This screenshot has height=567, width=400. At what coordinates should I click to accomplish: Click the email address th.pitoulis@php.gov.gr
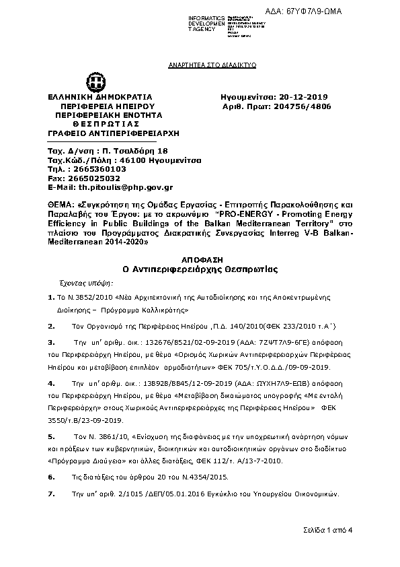pos(126,187)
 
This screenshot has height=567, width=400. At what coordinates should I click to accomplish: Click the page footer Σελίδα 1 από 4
pos(328,530)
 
